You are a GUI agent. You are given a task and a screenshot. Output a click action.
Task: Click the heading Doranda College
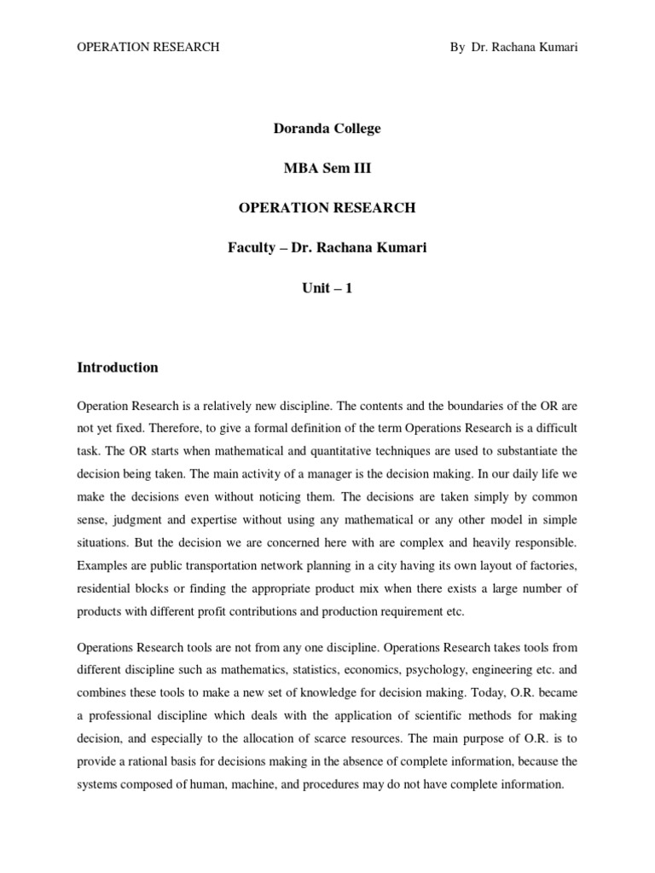pos(327,129)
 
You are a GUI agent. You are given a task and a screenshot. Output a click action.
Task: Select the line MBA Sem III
pos(327,168)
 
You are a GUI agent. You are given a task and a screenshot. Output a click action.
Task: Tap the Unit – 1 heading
pos(327,287)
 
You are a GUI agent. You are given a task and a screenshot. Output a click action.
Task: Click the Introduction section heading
pos(118,367)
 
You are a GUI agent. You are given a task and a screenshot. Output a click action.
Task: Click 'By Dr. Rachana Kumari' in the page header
pos(513,48)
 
